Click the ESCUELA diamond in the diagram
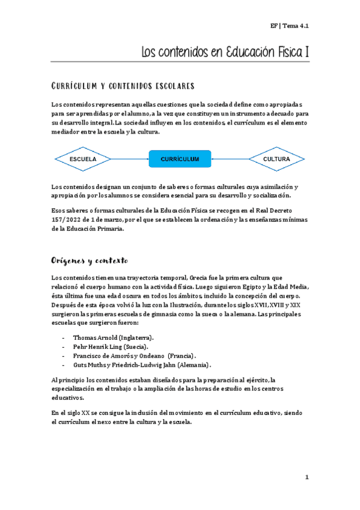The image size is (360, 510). pos(83,159)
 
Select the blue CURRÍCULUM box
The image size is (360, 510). pos(180,159)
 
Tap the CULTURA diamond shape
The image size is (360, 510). pos(276,159)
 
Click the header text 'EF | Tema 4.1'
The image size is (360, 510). pos(289,26)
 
